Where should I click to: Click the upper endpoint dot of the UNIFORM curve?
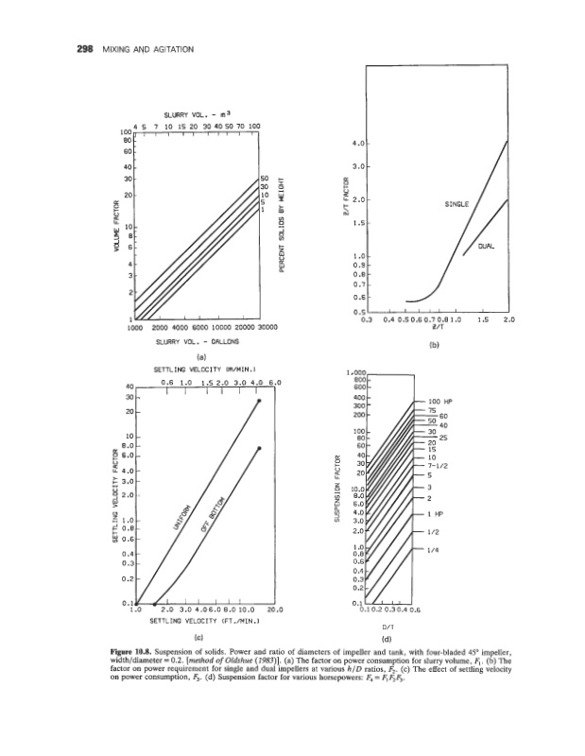tap(259, 402)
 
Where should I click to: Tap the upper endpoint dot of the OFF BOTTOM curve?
tap(259, 448)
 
